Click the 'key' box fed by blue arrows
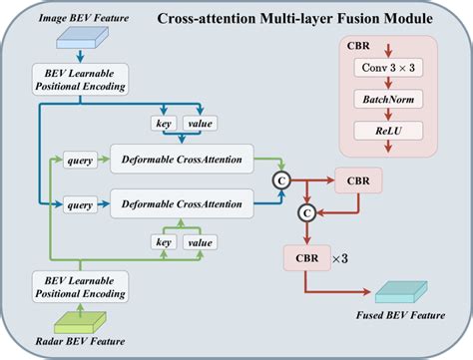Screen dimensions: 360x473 pos(163,123)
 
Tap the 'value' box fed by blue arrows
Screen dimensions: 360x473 pos(199,123)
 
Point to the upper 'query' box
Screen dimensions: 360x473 pos(79,160)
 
